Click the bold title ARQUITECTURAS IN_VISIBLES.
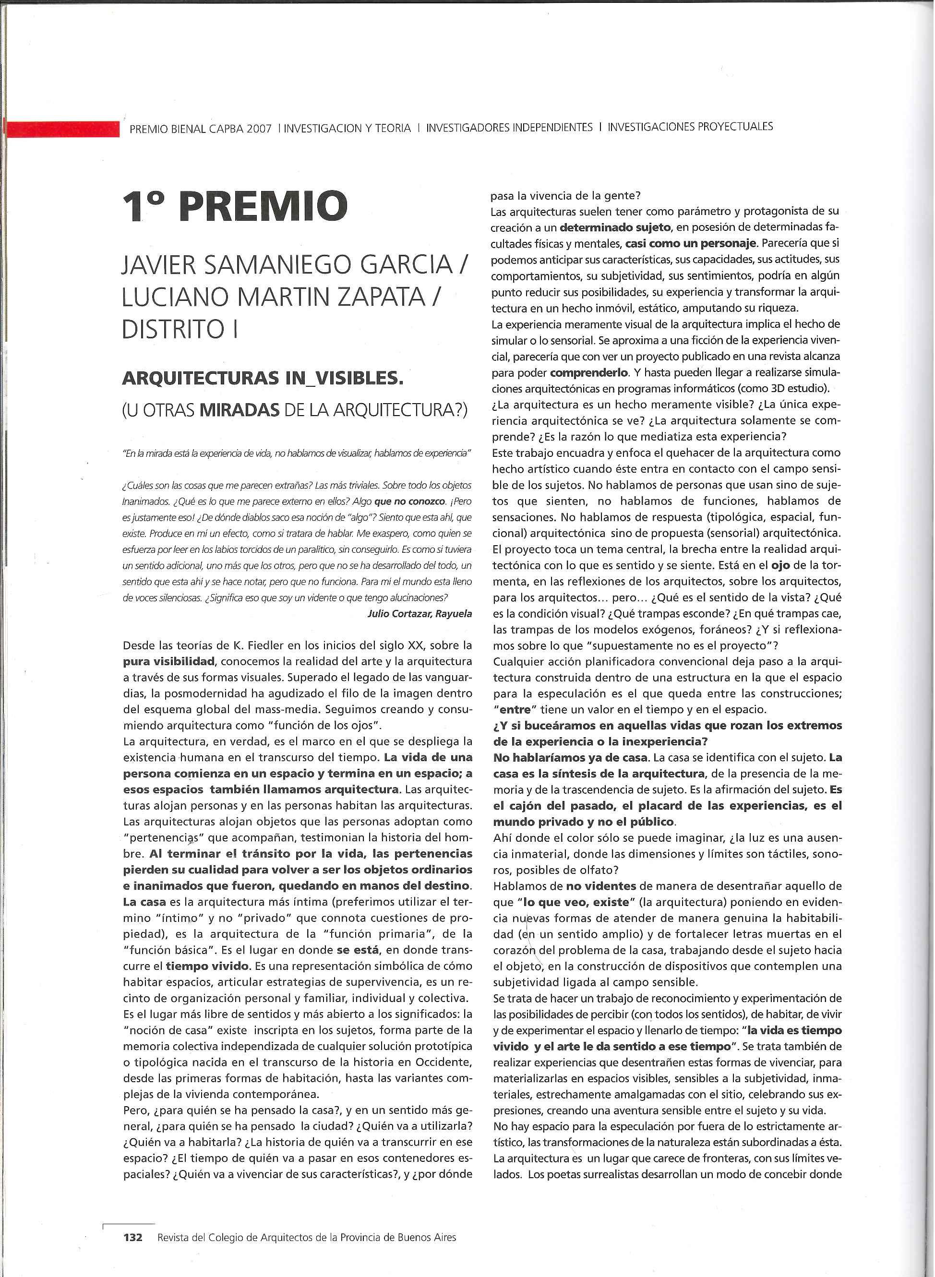click(x=263, y=378)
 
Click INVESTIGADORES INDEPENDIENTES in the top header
click(x=509, y=127)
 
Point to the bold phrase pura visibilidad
click(x=168, y=661)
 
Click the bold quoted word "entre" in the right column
click(x=515, y=709)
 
